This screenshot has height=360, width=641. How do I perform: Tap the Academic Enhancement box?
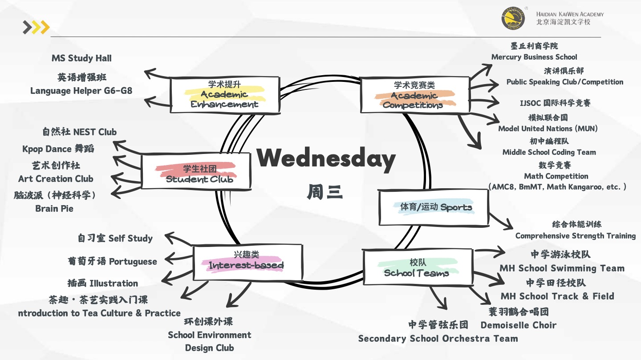pos(225,95)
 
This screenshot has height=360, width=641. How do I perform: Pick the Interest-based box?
pos(247,261)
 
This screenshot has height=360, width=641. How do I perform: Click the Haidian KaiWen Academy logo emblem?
pos(513,18)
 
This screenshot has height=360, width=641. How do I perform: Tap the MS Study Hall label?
pos(81,58)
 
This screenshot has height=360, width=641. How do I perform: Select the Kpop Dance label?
pos(58,149)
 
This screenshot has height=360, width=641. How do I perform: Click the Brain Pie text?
pos(54,208)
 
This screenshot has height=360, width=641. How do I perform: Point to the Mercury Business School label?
pos(534,57)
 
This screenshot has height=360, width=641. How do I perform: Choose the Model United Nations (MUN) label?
pos(548,129)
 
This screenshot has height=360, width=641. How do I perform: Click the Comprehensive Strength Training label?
pos(575,236)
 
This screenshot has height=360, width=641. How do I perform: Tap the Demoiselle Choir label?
pos(518,325)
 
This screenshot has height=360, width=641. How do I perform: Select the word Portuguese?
pos(133,261)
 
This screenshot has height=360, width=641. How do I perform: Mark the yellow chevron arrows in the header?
pos(37,28)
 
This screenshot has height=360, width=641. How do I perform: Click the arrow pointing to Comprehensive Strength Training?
pos(501,221)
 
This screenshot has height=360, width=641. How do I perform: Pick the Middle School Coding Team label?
pos(549,152)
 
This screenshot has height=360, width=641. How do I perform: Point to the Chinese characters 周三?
pos(325,192)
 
